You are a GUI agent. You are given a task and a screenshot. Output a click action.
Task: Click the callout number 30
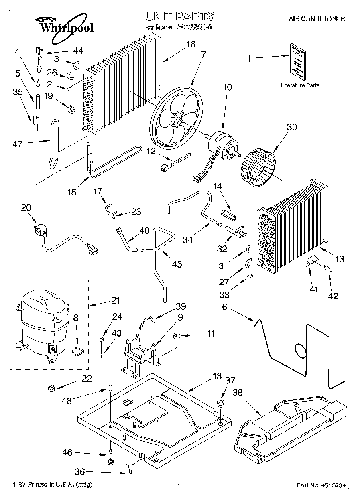(x=292, y=128)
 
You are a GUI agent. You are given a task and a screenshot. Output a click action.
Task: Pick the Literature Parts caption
(x=300, y=85)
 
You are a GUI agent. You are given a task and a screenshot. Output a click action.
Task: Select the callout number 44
(x=78, y=51)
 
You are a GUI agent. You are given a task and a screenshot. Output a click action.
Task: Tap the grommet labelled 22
(x=51, y=388)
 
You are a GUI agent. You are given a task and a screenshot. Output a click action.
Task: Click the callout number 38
(x=238, y=394)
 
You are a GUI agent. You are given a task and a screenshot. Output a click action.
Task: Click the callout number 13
(x=340, y=259)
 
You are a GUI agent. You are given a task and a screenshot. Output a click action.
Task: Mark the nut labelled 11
(x=177, y=335)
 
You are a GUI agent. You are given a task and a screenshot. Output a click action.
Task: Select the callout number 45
(x=177, y=264)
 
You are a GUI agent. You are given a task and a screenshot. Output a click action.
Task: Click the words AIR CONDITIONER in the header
(x=317, y=19)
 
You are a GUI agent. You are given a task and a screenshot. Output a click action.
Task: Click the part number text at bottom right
(x=321, y=485)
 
